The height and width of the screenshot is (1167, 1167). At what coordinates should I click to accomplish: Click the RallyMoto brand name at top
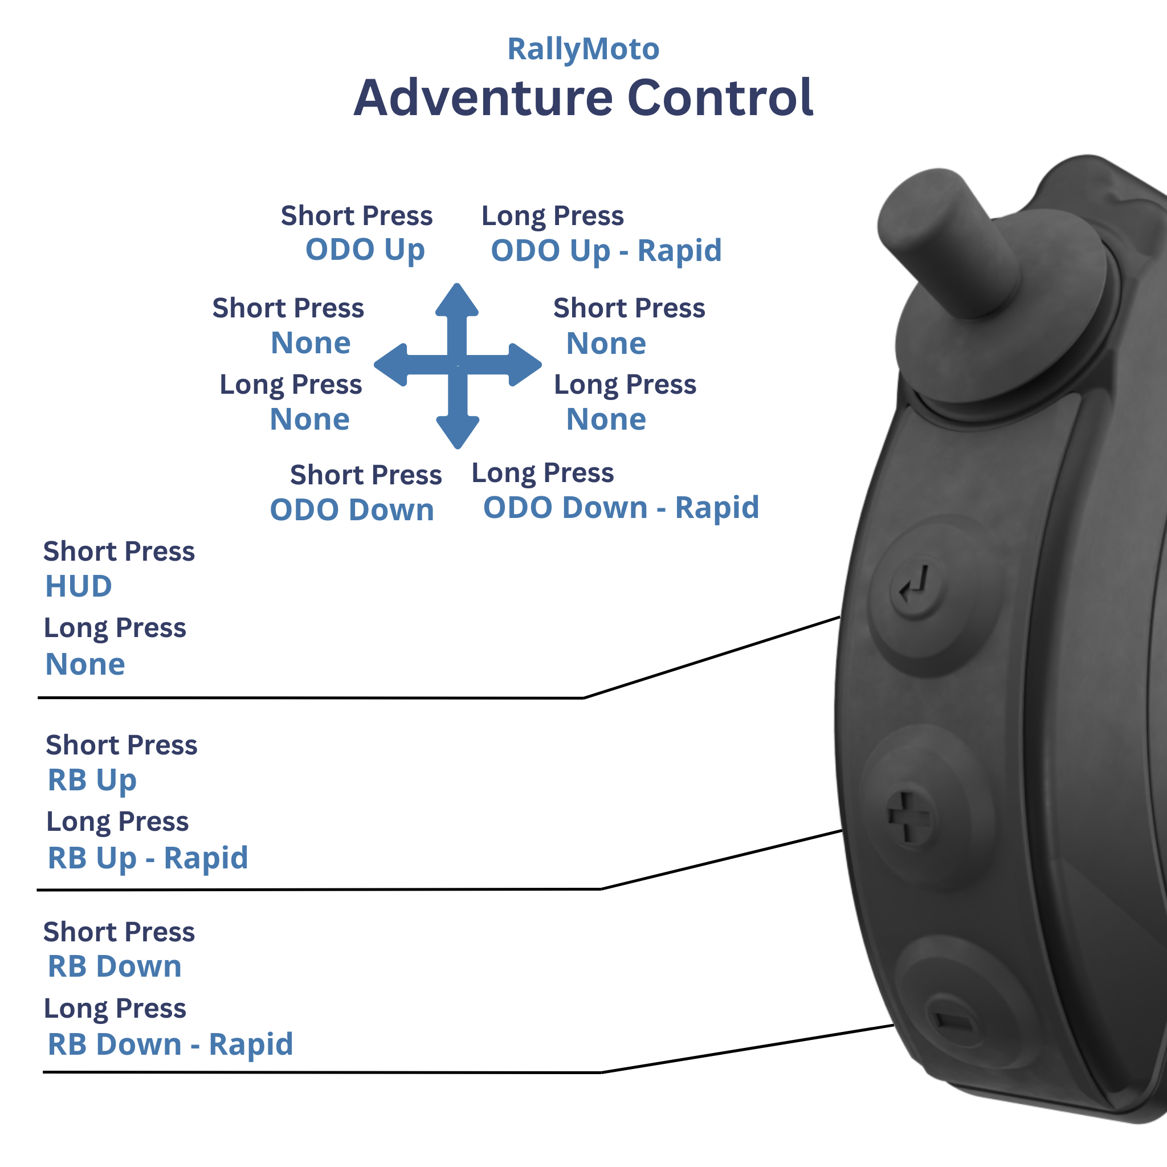coord(583,49)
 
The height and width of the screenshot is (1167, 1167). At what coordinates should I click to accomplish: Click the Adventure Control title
coord(583,98)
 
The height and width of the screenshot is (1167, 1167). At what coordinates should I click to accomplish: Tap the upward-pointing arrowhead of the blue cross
coord(457,300)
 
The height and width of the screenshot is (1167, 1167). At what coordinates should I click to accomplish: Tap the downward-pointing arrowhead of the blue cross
coord(457,431)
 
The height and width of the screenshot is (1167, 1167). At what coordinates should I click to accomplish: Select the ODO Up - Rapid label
coord(606,251)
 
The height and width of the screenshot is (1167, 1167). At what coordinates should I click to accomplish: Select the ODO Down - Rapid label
coord(621,507)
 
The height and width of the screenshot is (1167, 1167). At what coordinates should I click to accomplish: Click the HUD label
coord(79,586)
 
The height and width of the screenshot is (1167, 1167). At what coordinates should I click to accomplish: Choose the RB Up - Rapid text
coord(148,858)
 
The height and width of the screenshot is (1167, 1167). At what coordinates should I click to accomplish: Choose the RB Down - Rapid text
coord(170,1044)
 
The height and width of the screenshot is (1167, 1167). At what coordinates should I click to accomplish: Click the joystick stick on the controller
coord(948,242)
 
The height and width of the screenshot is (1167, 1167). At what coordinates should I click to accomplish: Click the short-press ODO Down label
coord(352,510)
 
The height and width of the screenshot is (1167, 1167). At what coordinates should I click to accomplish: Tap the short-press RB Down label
coord(114,966)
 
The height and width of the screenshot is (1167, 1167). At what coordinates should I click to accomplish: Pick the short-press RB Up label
coord(92,780)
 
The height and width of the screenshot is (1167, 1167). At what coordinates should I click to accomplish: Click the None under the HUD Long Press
coord(85,664)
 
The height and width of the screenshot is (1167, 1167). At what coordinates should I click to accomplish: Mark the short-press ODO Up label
coord(365,250)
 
